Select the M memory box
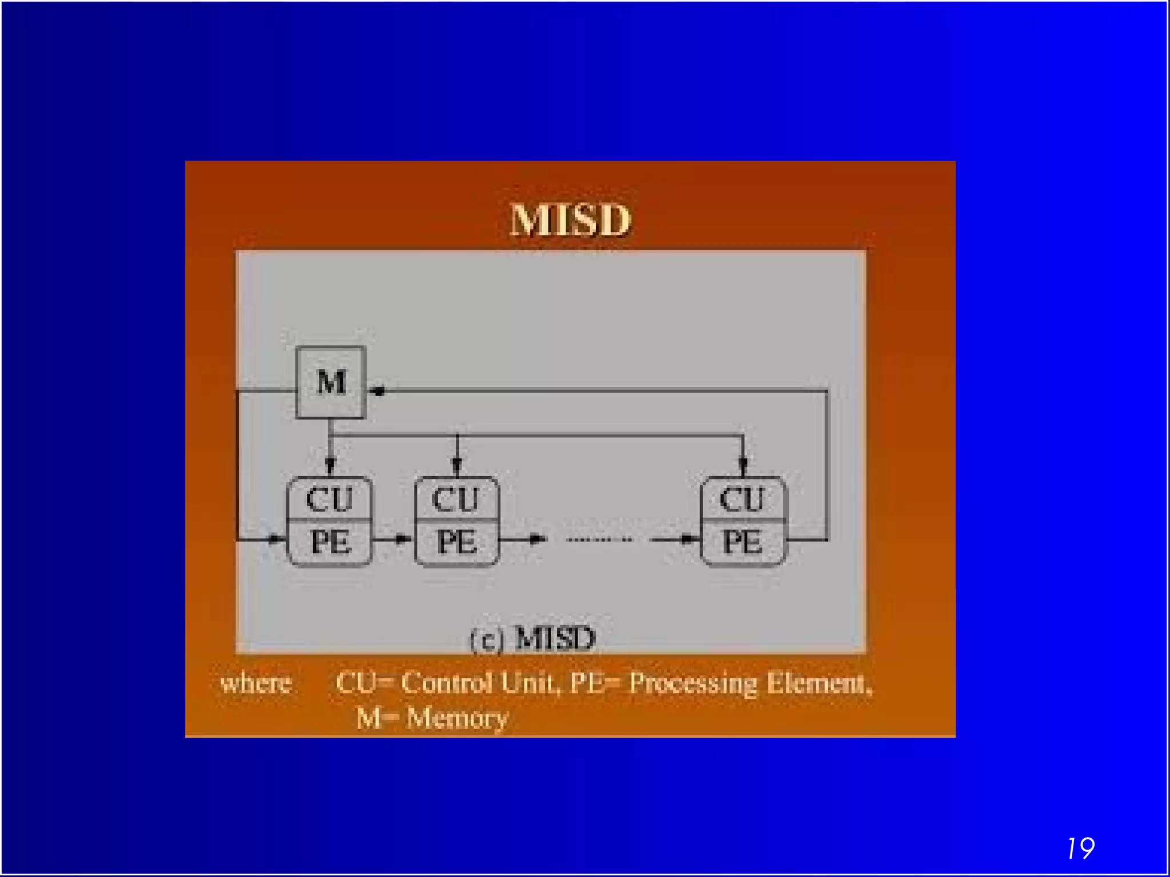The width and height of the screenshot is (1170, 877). click(x=331, y=382)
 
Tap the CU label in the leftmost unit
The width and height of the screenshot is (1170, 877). click(x=329, y=499)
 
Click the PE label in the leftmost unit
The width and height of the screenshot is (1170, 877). click(x=330, y=542)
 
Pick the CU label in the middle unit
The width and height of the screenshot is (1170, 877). click(x=455, y=499)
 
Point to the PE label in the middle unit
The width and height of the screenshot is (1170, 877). click(x=456, y=542)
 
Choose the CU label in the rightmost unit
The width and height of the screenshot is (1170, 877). click(x=742, y=499)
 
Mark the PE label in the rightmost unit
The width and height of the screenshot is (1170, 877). click(x=742, y=542)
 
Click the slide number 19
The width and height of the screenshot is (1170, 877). click(x=1080, y=848)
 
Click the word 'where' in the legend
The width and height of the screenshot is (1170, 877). click(x=256, y=683)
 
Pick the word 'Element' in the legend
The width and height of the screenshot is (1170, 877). click(x=818, y=683)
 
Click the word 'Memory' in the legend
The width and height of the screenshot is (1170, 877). click(x=456, y=718)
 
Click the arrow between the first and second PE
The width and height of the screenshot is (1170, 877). click(x=401, y=538)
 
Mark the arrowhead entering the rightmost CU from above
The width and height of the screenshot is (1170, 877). click(x=743, y=465)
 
